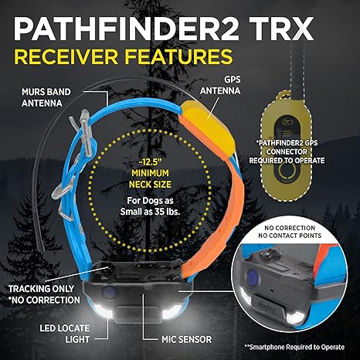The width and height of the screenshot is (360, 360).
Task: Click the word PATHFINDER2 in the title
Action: tap(125, 29)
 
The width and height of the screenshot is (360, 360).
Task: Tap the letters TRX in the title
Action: tap(281, 29)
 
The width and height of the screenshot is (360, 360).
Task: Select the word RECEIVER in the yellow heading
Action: tap(66, 56)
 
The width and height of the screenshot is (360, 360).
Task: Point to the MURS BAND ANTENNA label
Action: tap(46, 97)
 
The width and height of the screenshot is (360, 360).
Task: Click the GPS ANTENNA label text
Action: tap(220, 85)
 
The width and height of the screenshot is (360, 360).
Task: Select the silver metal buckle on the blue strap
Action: tap(84, 131)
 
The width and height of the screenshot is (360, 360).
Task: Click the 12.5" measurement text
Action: tap(150, 163)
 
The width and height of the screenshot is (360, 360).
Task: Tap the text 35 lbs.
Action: tap(168, 212)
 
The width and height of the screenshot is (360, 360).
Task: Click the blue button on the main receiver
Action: tap(109, 292)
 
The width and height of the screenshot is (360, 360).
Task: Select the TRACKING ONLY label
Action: tap(41, 289)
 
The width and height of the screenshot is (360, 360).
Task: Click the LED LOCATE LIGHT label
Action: tap(64, 334)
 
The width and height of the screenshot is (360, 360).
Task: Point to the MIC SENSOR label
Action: tap(186, 339)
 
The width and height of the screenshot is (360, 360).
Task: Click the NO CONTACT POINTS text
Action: tap(290, 236)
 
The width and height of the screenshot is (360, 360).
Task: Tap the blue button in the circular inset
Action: tap(252, 277)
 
